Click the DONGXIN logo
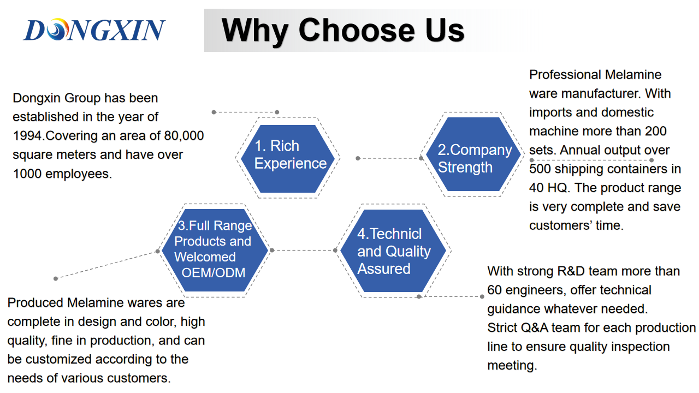94,29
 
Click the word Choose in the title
357,30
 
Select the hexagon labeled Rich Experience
288,158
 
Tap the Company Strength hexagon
473,154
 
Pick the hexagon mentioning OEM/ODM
215,250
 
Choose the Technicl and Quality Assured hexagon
393,251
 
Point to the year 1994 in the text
27,136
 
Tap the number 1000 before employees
27,174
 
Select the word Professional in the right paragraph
565,75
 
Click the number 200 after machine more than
656,132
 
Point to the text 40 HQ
549,188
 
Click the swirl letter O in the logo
58,29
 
